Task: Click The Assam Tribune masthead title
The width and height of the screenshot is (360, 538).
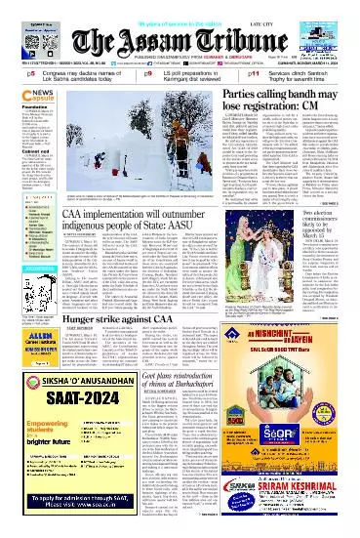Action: pyautogui.click(x=180, y=28)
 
